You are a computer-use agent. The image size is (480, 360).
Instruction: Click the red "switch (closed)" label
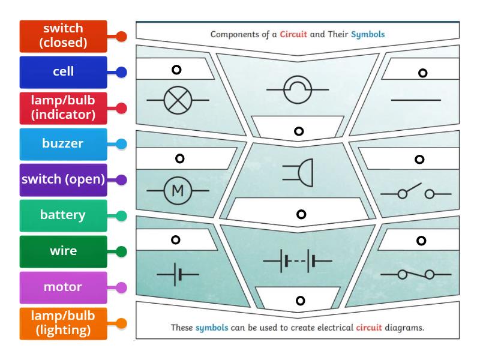click(x=63, y=36)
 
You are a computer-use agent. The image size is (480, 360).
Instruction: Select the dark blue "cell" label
click(x=63, y=72)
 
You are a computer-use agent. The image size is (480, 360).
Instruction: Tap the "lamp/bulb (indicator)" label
click(x=63, y=108)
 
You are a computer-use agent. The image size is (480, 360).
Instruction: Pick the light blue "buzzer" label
click(x=63, y=144)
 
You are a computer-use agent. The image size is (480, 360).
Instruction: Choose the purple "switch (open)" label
click(x=63, y=179)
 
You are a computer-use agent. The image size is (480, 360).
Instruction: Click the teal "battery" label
click(x=63, y=215)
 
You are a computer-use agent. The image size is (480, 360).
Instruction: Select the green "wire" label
click(x=63, y=251)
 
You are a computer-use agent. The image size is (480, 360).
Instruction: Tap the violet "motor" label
click(x=63, y=287)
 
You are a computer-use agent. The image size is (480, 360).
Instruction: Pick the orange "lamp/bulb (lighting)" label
click(x=63, y=323)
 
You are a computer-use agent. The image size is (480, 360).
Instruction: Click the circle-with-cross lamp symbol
click(x=178, y=99)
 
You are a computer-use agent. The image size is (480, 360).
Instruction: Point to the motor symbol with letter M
click(x=178, y=191)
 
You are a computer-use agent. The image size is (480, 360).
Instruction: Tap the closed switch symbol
click(x=416, y=274)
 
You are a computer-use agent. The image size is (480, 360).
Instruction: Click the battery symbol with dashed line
click(x=298, y=262)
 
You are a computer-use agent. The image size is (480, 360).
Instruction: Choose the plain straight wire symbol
click(x=416, y=100)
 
